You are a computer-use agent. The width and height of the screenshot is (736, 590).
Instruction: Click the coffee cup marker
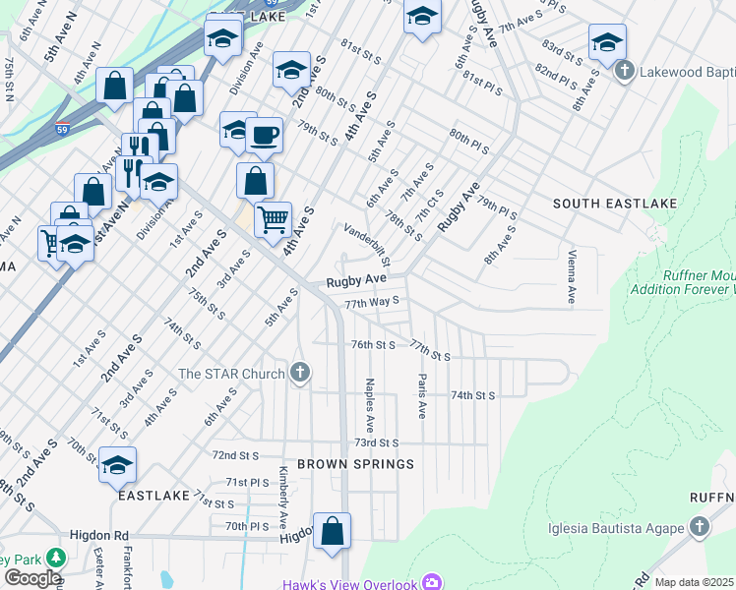(x=264, y=135)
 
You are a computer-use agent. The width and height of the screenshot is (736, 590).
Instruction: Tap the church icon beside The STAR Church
(x=301, y=373)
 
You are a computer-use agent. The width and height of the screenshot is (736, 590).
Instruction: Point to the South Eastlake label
(x=615, y=204)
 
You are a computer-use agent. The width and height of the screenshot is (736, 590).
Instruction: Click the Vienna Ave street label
(x=571, y=275)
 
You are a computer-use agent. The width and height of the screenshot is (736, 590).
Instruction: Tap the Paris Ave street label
(x=421, y=395)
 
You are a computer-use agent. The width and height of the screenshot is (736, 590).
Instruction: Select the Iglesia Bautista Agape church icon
(x=700, y=527)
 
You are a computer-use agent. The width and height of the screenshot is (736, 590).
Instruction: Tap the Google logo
(x=32, y=578)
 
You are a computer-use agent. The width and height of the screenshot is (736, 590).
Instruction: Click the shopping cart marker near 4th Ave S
(x=273, y=218)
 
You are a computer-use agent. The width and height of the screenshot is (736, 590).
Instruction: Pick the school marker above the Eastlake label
(x=117, y=465)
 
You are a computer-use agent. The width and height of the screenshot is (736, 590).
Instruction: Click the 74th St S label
(x=472, y=394)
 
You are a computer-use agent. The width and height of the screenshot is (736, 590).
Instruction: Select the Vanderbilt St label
(x=368, y=246)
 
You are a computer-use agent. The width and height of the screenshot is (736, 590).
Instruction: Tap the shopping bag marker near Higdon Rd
(x=333, y=529)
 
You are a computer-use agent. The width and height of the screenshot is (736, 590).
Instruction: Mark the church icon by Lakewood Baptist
(x=624, y=71)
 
